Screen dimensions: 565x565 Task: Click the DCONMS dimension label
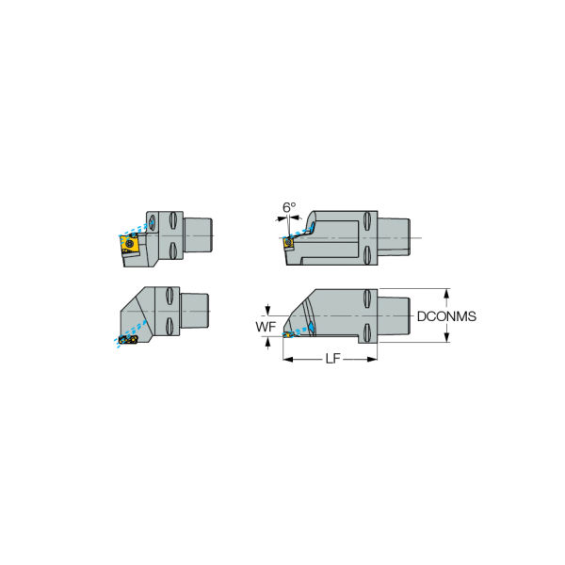click(446, 316)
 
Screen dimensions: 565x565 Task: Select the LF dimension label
click(332, 359)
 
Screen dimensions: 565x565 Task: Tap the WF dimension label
click(266, 327)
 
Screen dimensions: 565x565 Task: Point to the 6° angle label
click(289, 207)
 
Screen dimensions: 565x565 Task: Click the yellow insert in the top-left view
click(129, 243)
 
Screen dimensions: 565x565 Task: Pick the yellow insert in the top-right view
click(288, 243)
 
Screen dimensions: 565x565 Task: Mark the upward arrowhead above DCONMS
click(446, 293)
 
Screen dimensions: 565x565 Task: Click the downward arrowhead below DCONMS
click(446, 337)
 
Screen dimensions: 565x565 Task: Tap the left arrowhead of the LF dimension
click(288, 359)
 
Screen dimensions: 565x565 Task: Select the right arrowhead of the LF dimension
click(372, 359)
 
